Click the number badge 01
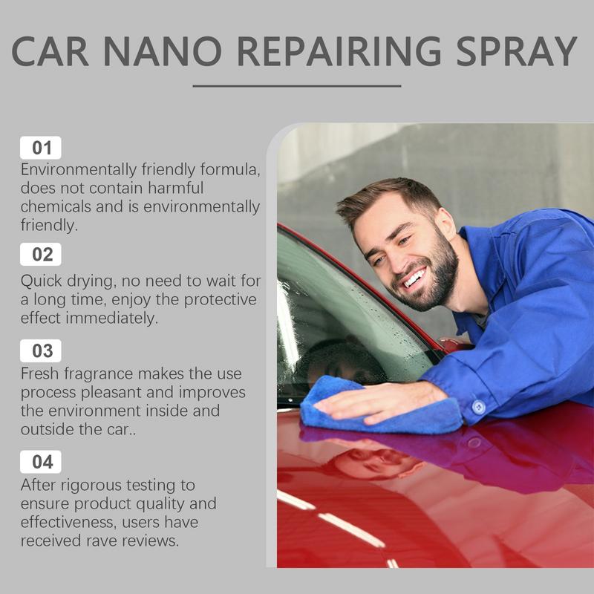click(x=41, y=147)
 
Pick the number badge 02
click(x=41, y=255)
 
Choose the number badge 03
click(x=41, y=350)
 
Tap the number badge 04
click(x=41, y=462)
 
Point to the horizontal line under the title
click(x=296, y=86)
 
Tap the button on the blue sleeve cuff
click(x=479, y=406)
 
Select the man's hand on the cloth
click(x=379, y=402)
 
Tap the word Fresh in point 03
click(x=41, y=374)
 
